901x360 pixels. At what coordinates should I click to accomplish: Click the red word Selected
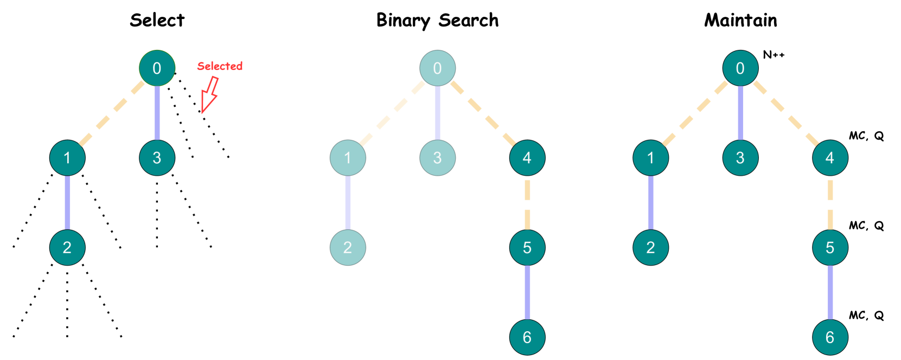coord(220,66)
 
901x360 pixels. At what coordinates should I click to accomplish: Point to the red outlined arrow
coord(209,95)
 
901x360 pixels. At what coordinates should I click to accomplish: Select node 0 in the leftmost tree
coord(157,68)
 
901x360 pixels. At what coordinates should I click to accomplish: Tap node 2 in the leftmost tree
coord(67,248)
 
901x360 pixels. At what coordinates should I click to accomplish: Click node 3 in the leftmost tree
coord(157,158)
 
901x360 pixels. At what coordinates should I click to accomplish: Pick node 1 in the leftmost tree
coord(67,158)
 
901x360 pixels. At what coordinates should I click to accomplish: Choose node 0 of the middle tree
coord(437,68)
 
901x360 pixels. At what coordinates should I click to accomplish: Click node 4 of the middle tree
coord(527,158)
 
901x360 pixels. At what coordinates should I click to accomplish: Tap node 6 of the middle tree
coord(527,337)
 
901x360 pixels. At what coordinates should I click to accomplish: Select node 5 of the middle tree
coord(527,248)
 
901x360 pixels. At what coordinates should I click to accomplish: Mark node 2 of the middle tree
coord(348,248)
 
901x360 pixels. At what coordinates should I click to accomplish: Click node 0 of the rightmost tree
coord(740,68)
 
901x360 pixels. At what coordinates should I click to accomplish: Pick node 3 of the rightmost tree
coord(740,158)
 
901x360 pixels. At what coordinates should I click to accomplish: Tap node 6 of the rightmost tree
coord(829,337)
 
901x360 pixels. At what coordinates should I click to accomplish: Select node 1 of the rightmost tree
coord(650,158)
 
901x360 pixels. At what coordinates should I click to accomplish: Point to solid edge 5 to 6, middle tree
coord(527,293)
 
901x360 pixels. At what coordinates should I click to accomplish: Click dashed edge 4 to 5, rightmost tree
coord(830,203)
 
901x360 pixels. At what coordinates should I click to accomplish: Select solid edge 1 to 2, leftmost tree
coord(67,203)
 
